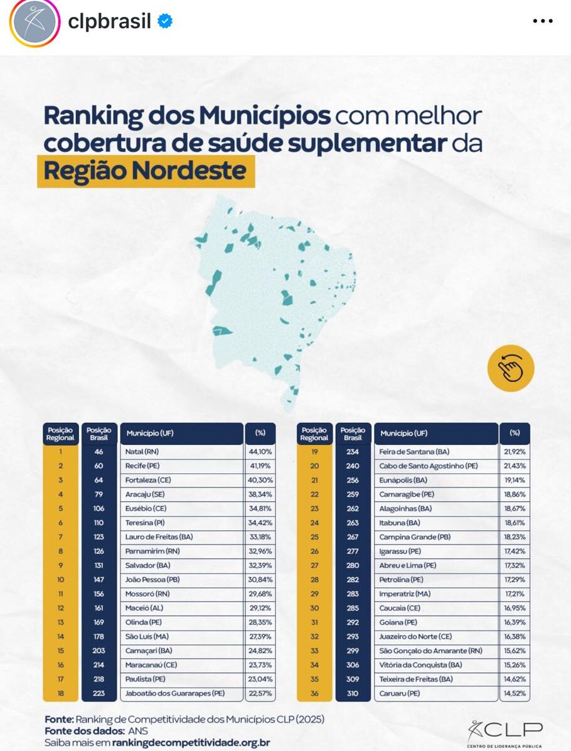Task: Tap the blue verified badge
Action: pos(165,22)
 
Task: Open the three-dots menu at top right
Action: pos(542,21)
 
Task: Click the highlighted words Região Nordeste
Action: pos(146,171)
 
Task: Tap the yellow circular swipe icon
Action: pos(510,369)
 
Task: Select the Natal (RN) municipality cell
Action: pos(181,452)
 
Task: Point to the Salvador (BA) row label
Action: pos(181,565)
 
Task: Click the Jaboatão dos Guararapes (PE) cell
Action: pos(181,693)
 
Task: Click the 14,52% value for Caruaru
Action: pos(515,693)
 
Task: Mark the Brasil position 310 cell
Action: pos(353,693)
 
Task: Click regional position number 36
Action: pos(314,693)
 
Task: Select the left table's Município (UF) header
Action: pos(181,434)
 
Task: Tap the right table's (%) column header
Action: pos(515,433)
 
